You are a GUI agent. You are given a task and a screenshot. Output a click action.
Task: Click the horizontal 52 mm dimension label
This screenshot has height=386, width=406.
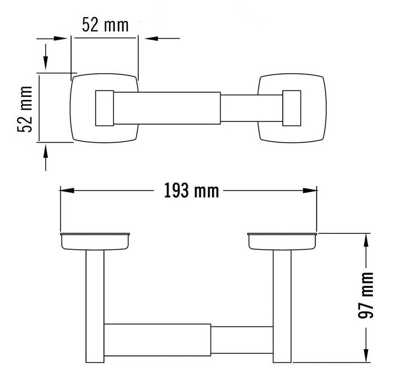[105, 25]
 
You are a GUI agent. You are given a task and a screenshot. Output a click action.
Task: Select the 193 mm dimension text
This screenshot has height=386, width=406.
[191, 191]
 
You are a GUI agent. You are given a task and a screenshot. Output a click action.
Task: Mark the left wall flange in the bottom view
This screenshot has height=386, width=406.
[95, 240]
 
